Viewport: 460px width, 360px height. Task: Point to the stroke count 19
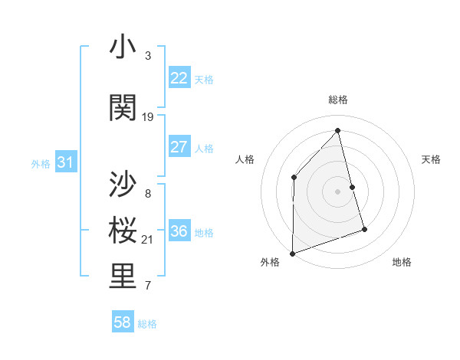coord(148,117)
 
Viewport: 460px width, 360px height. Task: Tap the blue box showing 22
coord(179,78)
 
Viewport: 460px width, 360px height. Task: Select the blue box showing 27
coord(179,147)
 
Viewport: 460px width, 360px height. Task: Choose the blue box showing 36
coord(179,231)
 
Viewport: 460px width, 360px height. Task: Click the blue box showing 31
coord(65,162)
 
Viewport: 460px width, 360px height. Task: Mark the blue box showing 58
coord(123,323)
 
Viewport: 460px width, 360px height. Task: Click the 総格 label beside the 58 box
coord(147,324)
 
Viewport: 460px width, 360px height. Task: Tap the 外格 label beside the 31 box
coord(41,163)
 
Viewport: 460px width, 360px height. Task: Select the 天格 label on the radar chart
coord(431,159)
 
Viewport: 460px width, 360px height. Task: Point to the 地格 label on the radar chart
coord(402,262)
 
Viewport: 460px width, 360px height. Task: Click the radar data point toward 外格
coord(292,253)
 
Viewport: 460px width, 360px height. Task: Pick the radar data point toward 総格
coord(337,131)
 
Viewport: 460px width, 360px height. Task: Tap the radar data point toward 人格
coord(294,178)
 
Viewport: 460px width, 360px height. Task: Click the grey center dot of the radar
coord(337,191)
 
